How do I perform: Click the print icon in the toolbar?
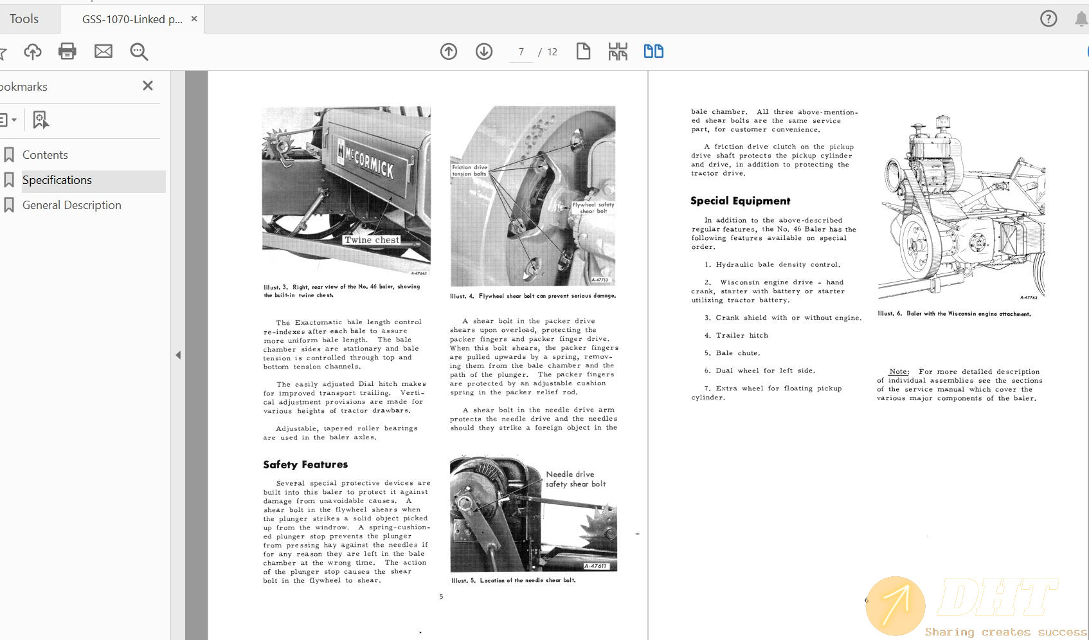point(67,51)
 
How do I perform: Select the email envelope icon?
point(103,51)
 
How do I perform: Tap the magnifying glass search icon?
point(139,51)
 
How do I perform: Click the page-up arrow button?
point(449,51)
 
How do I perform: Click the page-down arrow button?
point(484,51)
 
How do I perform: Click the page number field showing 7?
point(521,52)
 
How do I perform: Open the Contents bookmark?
point(45,155)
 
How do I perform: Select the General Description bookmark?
point(71,205)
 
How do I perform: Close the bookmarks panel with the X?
point(148,86)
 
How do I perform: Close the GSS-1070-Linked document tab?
point(194,19)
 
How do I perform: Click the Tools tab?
point(24,19)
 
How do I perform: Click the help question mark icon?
point(1048,19)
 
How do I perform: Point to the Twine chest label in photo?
point(372,240)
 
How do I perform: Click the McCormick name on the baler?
point(368,161)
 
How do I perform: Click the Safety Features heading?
point(305,464)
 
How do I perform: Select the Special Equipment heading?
point(740,201)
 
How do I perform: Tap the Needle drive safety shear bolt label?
point(575,479)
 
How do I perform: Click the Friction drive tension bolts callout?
point(469,170)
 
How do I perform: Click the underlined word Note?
point(899,372)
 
